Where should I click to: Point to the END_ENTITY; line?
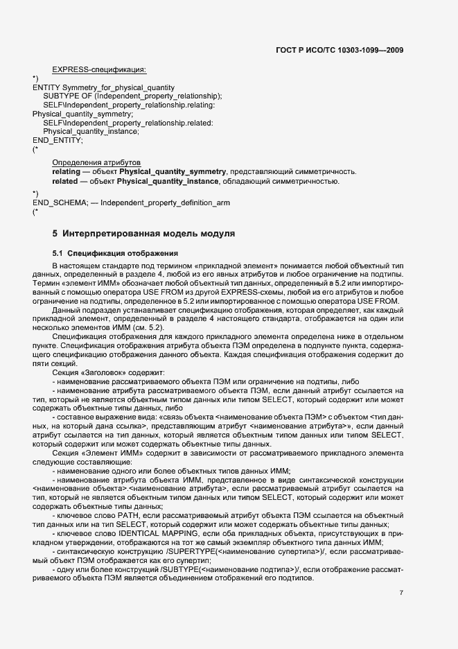pyautogui.click(x=58, y=140)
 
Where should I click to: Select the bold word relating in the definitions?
pyautogui.click(x=66, y=171)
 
